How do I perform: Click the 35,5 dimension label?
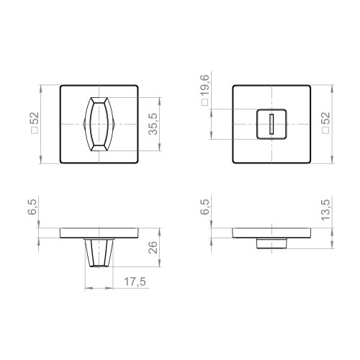click(x=151, y=124)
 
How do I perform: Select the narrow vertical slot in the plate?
click(x=271, y=124)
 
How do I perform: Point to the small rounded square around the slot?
click(x=271, y=124)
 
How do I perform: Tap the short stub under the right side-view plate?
click(x=271, y=243)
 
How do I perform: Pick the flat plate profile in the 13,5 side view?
click(x=271, y=233)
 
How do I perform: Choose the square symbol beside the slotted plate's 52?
click(x=326, y=134)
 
